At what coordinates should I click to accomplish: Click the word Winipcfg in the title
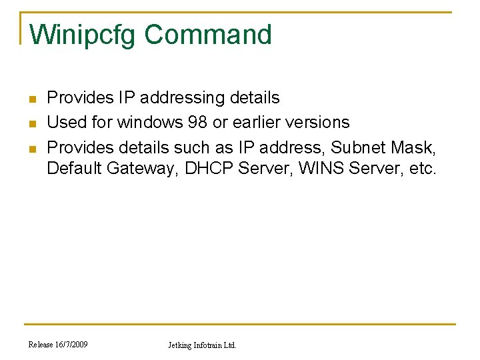[83, 35]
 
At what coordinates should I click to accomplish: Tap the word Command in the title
[208, 35]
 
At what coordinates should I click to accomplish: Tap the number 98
[197, 122]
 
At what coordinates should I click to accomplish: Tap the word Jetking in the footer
[180, 345]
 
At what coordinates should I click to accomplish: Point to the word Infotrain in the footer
[210, 345]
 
